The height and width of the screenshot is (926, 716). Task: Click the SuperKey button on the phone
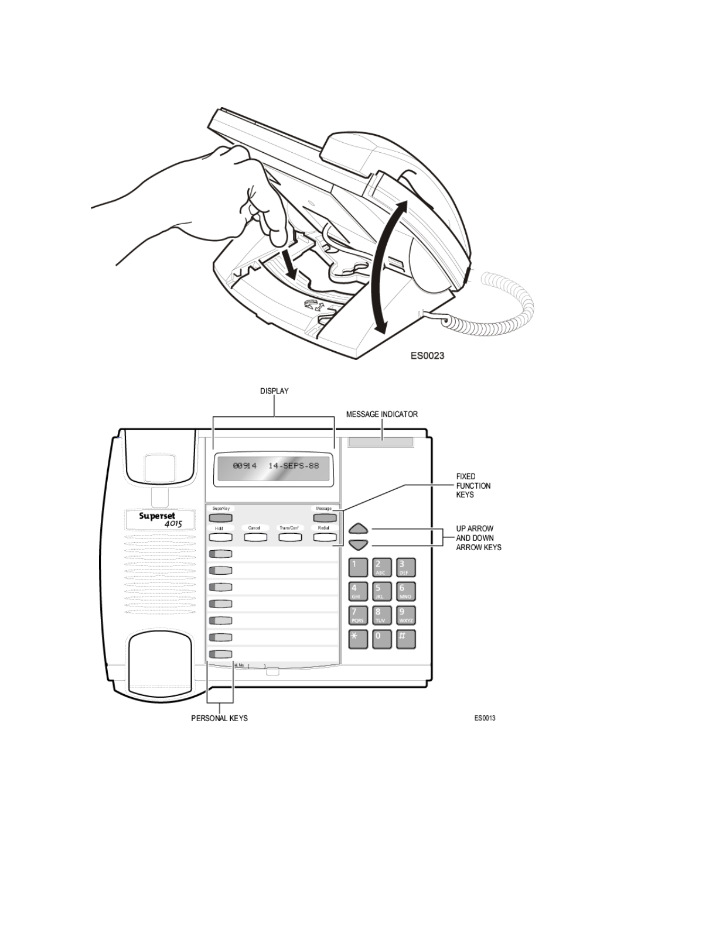click(221, 517)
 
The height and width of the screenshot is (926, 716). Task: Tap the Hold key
click(221, 537)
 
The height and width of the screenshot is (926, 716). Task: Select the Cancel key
click(255, 537)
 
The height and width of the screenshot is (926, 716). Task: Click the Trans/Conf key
click(289, 537)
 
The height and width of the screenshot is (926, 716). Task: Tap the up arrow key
click(358, 529)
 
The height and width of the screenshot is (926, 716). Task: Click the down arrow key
click(358, 545)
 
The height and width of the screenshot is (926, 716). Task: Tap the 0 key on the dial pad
click(382, 639)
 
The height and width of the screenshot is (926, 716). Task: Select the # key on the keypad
click(405, 639)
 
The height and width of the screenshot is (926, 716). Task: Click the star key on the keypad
click(358, 639)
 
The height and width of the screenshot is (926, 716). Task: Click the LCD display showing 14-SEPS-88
click(274, 467)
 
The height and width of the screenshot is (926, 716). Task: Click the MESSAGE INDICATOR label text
click(381, 414)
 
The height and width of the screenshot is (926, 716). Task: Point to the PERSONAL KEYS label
click(219, 718)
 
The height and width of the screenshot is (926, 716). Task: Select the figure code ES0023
click(427, 355)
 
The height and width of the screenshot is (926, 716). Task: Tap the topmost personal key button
click(221, 554)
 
